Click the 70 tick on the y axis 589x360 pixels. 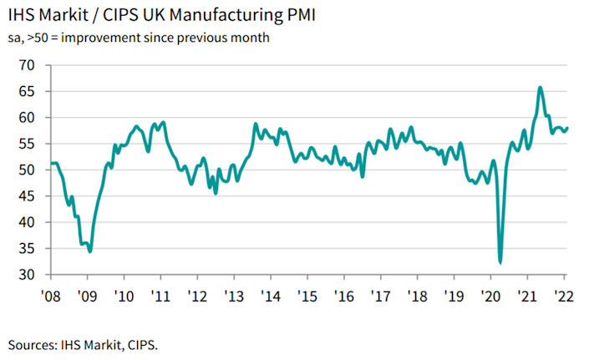coord(33,65)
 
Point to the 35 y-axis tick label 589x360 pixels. coord(33,249)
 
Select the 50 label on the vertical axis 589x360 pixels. coord(33,170)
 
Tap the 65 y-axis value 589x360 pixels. coord(33,91)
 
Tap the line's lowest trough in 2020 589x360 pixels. coord(500,262)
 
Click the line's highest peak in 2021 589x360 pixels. coord(541,87)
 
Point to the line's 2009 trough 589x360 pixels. coord(89,251)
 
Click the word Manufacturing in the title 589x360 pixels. coord(209,16)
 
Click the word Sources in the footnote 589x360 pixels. coord(33,343)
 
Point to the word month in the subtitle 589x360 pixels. coord(250,38)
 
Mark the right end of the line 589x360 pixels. coord(568,128)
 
